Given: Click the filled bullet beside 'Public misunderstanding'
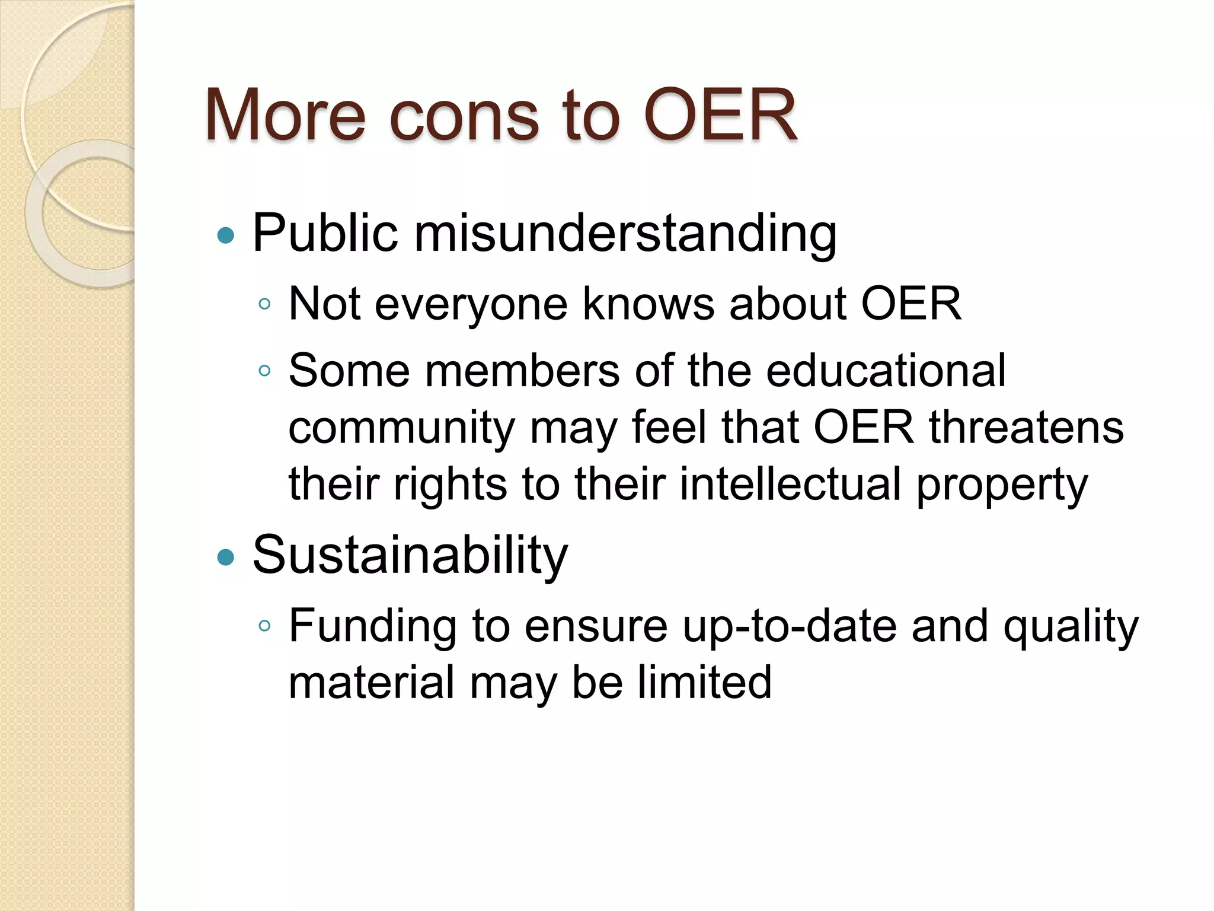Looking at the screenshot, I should (x=226, y=235).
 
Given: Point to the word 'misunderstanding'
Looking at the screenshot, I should (x=625, y=234).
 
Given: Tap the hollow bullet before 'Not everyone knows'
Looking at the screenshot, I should (x=264, y=304).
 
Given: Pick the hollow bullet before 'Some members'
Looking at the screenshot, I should (x=264, y=371).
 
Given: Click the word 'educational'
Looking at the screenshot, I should (x=886, y=371).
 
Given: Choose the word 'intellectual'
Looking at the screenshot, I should (x=790, y=484).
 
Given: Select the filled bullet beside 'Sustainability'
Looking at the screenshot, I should (x=226, y=557).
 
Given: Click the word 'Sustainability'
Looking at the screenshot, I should (x=410, y=556).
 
